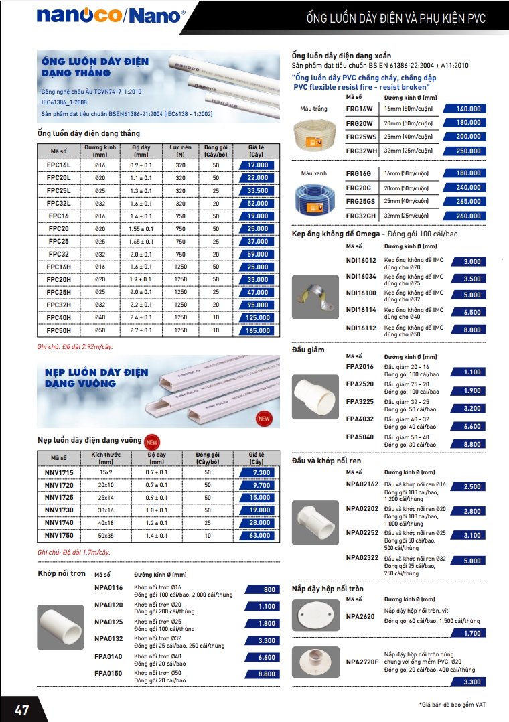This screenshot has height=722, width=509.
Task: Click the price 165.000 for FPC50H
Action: [x=258, y=330]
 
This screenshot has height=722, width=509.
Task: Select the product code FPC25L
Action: [x=59, y=190]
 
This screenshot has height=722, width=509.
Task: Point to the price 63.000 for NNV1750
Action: [x=258, y=536]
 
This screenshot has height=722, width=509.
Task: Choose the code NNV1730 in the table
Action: [x=59, y=510]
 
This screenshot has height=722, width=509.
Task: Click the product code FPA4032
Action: [x=360, y=419]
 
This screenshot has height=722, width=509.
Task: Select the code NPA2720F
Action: [x=362, y=662]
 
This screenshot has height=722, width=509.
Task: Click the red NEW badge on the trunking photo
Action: [x=264, y=419]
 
